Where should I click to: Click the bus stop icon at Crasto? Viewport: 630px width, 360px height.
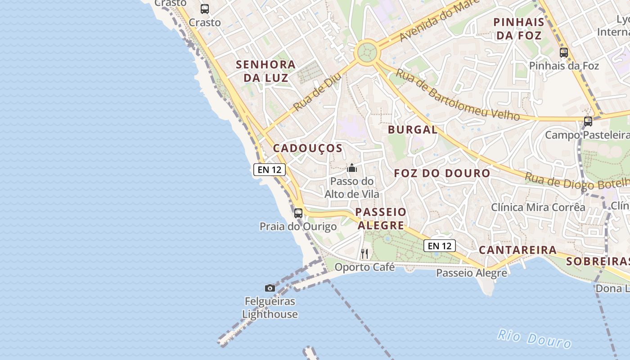(205, 9)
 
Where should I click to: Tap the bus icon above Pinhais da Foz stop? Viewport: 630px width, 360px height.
(564, 53)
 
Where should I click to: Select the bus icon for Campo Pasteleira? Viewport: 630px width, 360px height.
(588, 121)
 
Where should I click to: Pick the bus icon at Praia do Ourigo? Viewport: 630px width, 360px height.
(298, 213)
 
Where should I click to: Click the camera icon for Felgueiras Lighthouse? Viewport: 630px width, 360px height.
(270, 288)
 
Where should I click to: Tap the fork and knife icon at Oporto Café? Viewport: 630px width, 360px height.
(364, 254)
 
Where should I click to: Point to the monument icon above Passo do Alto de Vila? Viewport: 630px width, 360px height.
(352, 168)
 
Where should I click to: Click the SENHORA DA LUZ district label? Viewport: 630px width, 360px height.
(266, 71)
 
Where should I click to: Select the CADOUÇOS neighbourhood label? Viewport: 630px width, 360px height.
(308, 148)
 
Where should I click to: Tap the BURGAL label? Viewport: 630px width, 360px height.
(413, 130)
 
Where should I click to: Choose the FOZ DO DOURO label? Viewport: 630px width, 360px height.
(442, 173)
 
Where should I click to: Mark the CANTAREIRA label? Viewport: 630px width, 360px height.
(517, 250)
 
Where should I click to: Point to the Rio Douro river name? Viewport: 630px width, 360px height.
(535, 338)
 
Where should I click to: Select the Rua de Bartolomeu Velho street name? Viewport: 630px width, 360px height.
(457, 95)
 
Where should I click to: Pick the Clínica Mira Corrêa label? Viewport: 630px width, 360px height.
(538, 207)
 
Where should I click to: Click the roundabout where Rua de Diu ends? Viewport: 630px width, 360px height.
(367, 53)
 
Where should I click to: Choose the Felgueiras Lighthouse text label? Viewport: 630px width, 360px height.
(270, 308)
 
